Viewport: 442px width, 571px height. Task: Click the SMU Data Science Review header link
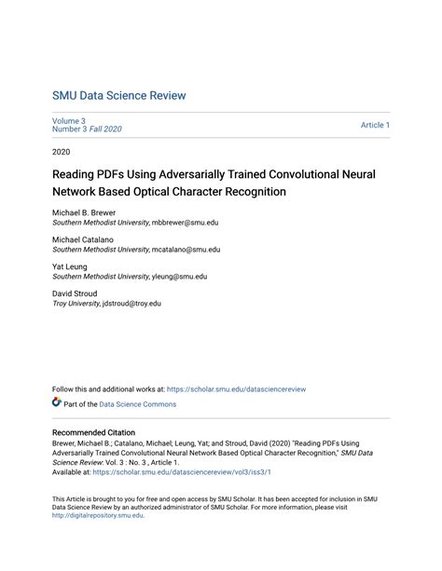click(x=118, y=95)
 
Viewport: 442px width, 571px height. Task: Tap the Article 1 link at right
click(x=375, y=125)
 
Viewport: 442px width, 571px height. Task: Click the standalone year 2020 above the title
click(x=61, y=151)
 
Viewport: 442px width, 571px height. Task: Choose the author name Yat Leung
click(x=71, y=266)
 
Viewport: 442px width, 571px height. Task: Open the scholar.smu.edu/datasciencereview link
click(x=237, y=389)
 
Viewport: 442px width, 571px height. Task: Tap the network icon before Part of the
click(x=57, y=403)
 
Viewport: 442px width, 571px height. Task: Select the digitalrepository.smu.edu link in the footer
click(x=98, y=515)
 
